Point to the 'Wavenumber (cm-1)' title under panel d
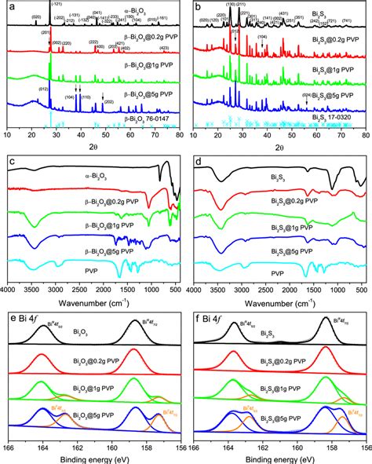coord(280,301)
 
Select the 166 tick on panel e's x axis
coord(9,448)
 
